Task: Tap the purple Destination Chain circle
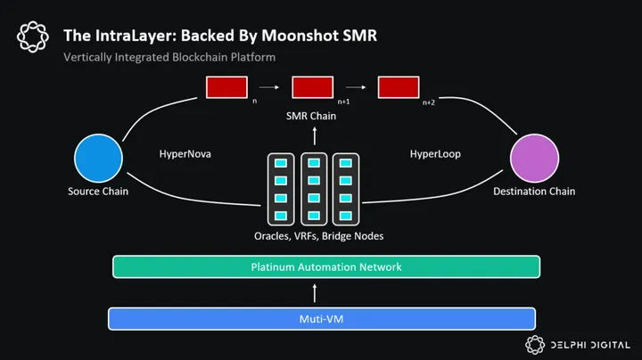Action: [535, 160]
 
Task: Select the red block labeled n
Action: [226, 87]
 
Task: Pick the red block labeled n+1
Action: [312, 87]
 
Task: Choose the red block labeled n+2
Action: [399, 87]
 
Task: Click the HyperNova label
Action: [185, 154]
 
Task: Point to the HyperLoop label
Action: [436, 154]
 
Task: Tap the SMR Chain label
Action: [312, 117]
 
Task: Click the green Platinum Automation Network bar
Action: [325, 266]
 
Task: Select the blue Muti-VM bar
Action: [321, 318]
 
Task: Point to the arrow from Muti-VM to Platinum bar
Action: [312, 292]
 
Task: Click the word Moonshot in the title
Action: [279, 36]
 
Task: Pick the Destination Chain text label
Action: [535, 192]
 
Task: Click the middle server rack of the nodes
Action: [312, 189]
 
